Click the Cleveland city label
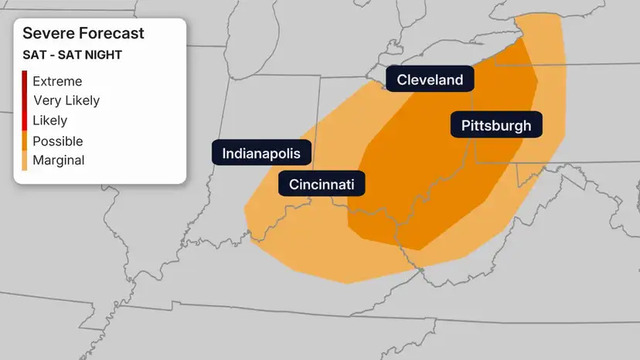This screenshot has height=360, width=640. point(430,80)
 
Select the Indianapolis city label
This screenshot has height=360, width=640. point(262,153)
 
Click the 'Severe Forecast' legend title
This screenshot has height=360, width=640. point(83,34)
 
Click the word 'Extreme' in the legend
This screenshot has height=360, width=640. point(57,81)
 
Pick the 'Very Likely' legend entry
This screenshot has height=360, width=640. point(66,100)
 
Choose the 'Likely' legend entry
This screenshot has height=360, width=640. point(50,120)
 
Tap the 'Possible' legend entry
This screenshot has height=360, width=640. point(58,141)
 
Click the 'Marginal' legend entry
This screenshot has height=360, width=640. point(59,160)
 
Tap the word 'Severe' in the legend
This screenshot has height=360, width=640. point(46,34)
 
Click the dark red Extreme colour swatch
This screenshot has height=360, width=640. point(24,81)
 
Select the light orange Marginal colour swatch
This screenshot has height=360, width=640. point(24,160)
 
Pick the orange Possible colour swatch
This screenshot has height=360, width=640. point(24,141)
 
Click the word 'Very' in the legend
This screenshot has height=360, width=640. point(46,100)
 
